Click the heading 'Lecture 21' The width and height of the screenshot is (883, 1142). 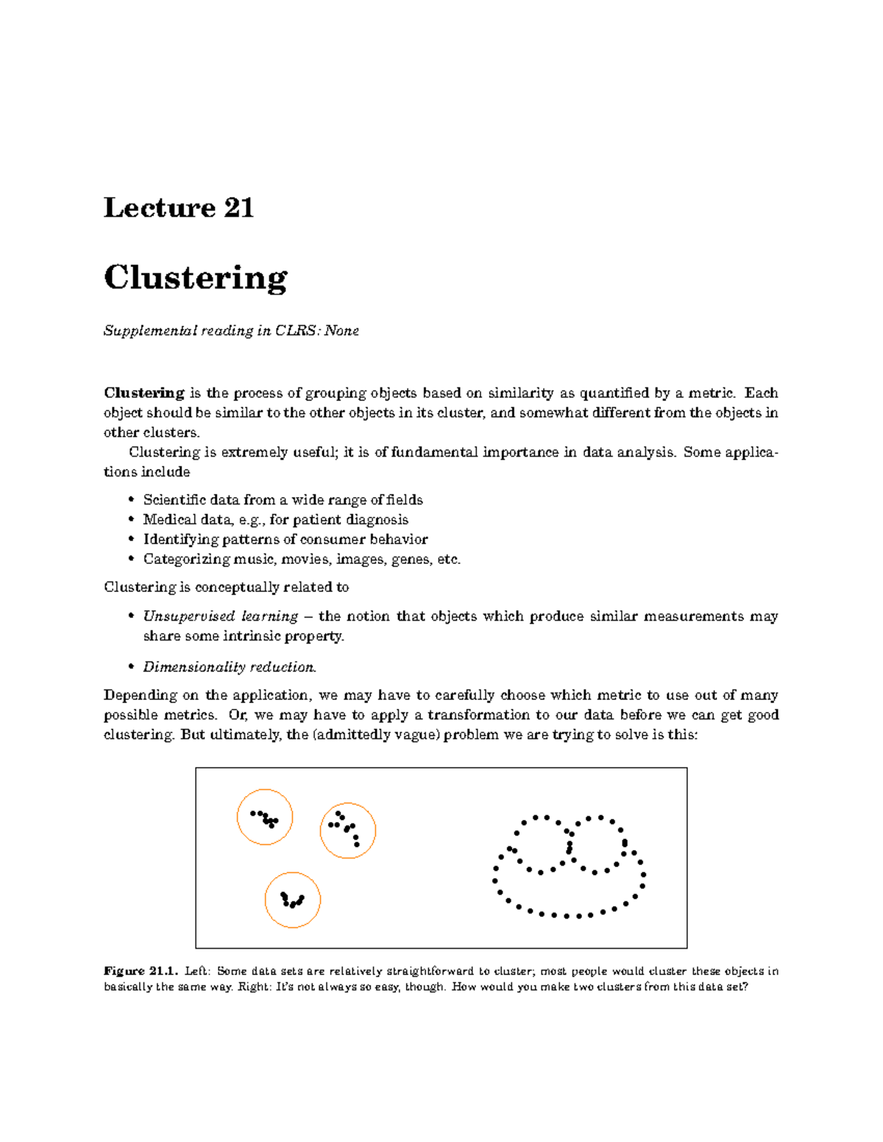pyautogui.click(x=179, y=208)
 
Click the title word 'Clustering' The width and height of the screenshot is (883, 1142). pyautogui.click(x=195, y=278)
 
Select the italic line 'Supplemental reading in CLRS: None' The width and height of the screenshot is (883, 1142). pyautogui.click(x=231, y=331)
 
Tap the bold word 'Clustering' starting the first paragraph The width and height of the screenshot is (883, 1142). pyautogui.click(x=144, y=393)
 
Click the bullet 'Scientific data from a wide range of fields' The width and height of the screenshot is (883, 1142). pyautogui.click(x=283, y=500)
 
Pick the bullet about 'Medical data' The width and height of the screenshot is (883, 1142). pyautogui.click(x=275, y=520)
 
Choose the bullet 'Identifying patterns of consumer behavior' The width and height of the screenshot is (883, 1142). pyautogui.click(x=285, y=540)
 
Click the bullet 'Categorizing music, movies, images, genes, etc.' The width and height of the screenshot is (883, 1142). pyautogui.click(x=302, y=560)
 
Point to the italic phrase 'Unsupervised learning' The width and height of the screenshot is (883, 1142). pyautogui.click(x=220, y=616)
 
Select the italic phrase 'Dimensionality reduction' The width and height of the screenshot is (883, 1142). pyautogui.click(x=229, y=667)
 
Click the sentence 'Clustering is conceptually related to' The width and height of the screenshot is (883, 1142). pyautogui.click(x=226, y=587)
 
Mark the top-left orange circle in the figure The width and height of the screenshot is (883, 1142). pyautogui.click(x=265, y=817)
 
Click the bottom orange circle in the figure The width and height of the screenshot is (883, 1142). pyautogui.click(x=293, y=900)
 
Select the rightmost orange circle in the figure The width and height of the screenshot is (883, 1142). pyautogui.click(x=348, y=830)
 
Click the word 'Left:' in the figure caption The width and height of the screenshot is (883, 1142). pyautogui.click(x=197, y=971)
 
